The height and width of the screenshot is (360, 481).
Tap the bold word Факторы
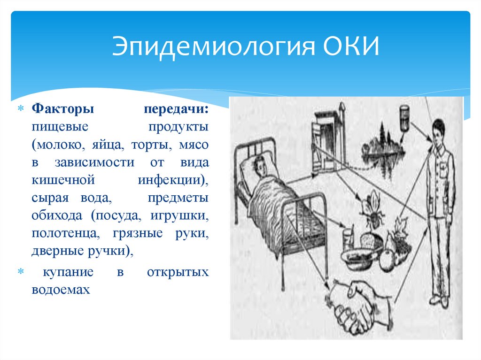(x=63, y=109)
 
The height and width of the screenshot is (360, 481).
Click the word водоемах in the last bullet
(x=61, y=289)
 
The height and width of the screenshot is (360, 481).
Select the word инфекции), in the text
(x=173, y=180)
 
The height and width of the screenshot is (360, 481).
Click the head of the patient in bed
(x=259, y=165)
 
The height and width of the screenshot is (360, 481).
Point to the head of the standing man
(x=438, y=131)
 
